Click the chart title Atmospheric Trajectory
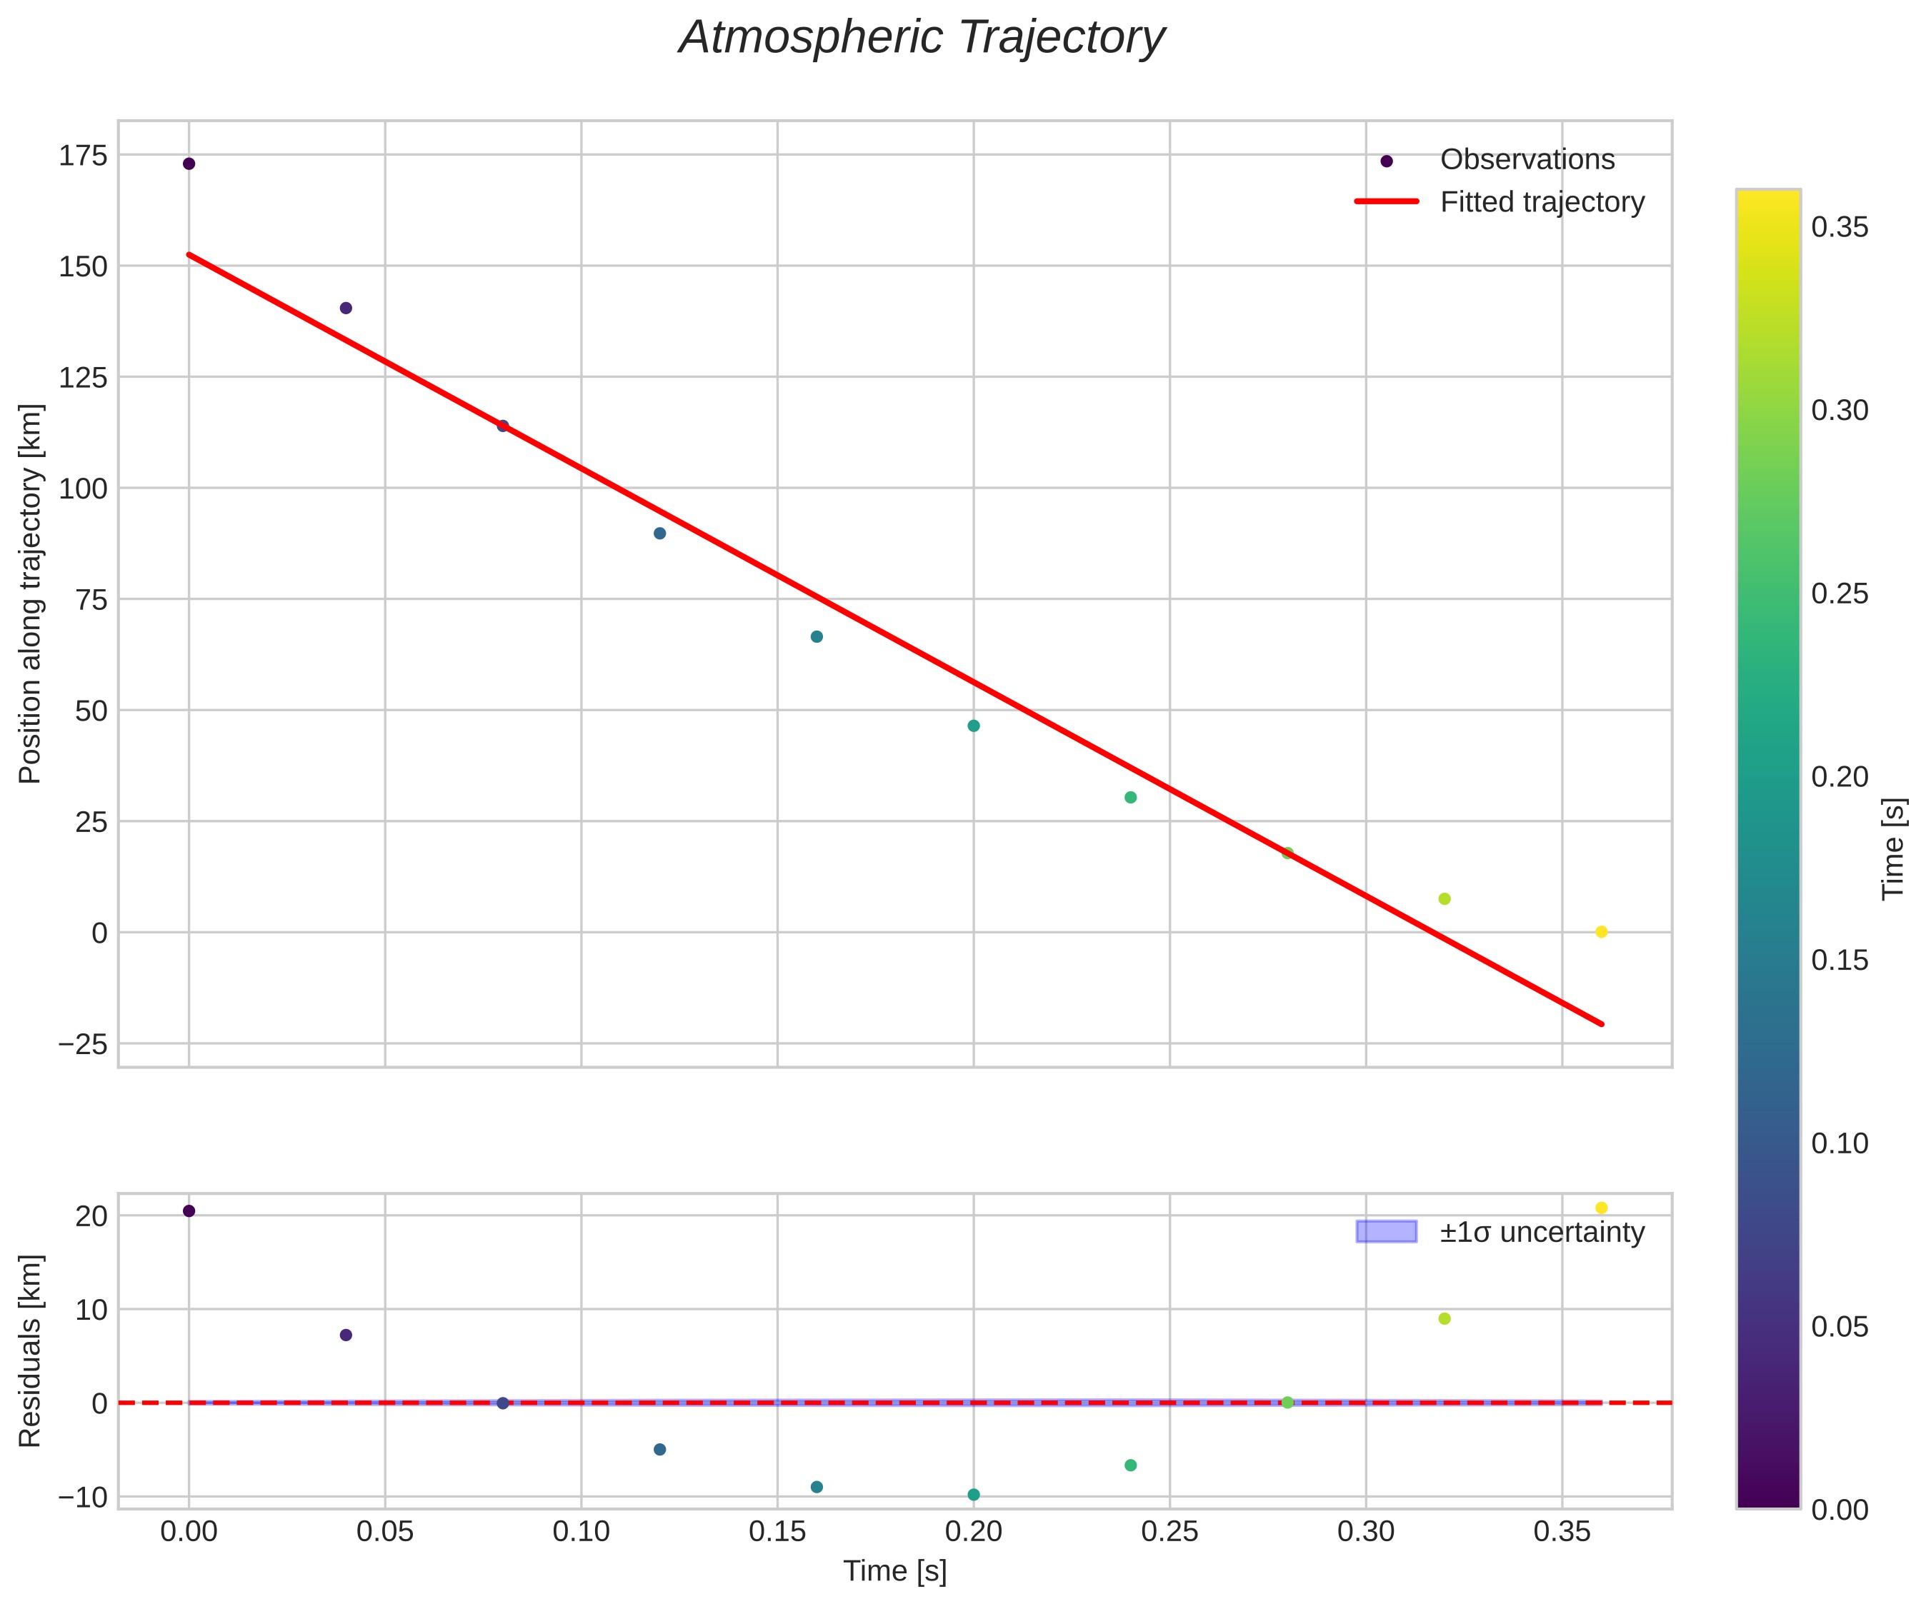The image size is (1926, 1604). coord(921,39)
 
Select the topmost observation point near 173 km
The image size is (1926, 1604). coord(189,164)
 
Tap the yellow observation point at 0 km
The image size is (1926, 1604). coord(1602,932)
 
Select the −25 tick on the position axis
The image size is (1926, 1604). coord(83,1045)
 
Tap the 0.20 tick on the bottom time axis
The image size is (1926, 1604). coord(973,1530)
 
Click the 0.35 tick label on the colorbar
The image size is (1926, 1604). coord(1840,227)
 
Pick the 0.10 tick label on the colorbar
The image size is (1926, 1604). coord(1840,1143)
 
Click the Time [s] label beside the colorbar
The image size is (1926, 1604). coord(1895,848)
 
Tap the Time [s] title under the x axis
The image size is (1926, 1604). coord(895,1571)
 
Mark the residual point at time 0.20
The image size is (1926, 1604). coord(973,1495)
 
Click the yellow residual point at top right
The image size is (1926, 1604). coord(1602,1208)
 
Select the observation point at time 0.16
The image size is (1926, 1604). coord(817,636)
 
